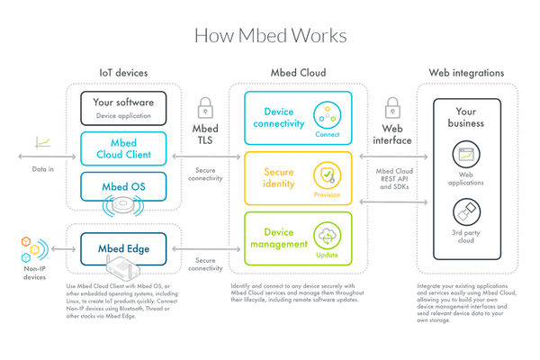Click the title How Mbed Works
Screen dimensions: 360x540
pyautogui.click(x=269, y=35)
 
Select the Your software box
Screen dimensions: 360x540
pyautogui.click(x=122, y=108)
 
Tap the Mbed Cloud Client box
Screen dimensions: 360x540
pyautogui.click(x=122, y=149)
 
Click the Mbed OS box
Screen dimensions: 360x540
pyautogui.click(x=122, y=187)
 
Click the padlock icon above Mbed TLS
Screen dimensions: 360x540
pyautogui.click(x=205, y=108)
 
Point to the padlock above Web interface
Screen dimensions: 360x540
pyautogui.click(x=393, y=108)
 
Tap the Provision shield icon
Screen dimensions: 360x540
pyautogui.click(x=325, y=175)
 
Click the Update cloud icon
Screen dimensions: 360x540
pyautogui.click(x=325, y=236)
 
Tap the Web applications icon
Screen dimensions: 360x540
pyautogui.click(x=466, y=156)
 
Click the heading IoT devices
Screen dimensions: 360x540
pyautogui.click(x=123, y=72)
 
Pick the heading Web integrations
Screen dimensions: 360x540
pyautogui.click(x=466, y=72)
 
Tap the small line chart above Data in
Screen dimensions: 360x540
pyautogui.click(x=41, y=140)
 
